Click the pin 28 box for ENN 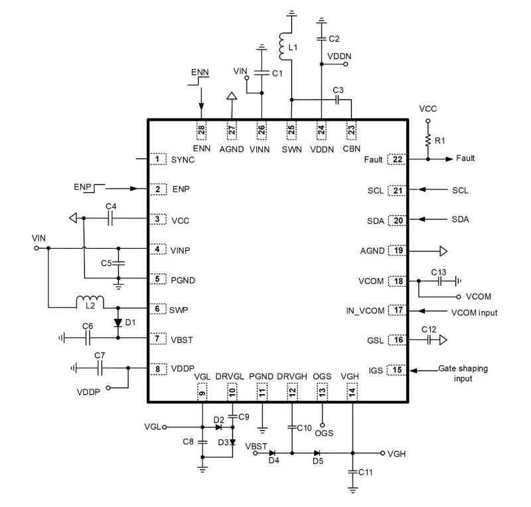click(x=200, y=129)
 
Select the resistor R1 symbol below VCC click(x=428, y=140)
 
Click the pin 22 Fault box click(x=398, y=159)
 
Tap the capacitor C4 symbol click(x=112, y=218)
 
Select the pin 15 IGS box click(x=398, y=370)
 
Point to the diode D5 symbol click(x=317, y=453)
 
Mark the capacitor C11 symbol click(x=352, y=472)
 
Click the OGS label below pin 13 click(x=325, y=433)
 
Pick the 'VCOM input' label click(x=473, y=312)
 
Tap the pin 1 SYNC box click(x=157, y=159)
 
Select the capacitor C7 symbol click(x=100, y=367)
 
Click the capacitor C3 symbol click(x=337, y=100)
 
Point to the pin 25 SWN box click(x=291, y=129)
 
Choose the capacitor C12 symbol click(x=429, y=340)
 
